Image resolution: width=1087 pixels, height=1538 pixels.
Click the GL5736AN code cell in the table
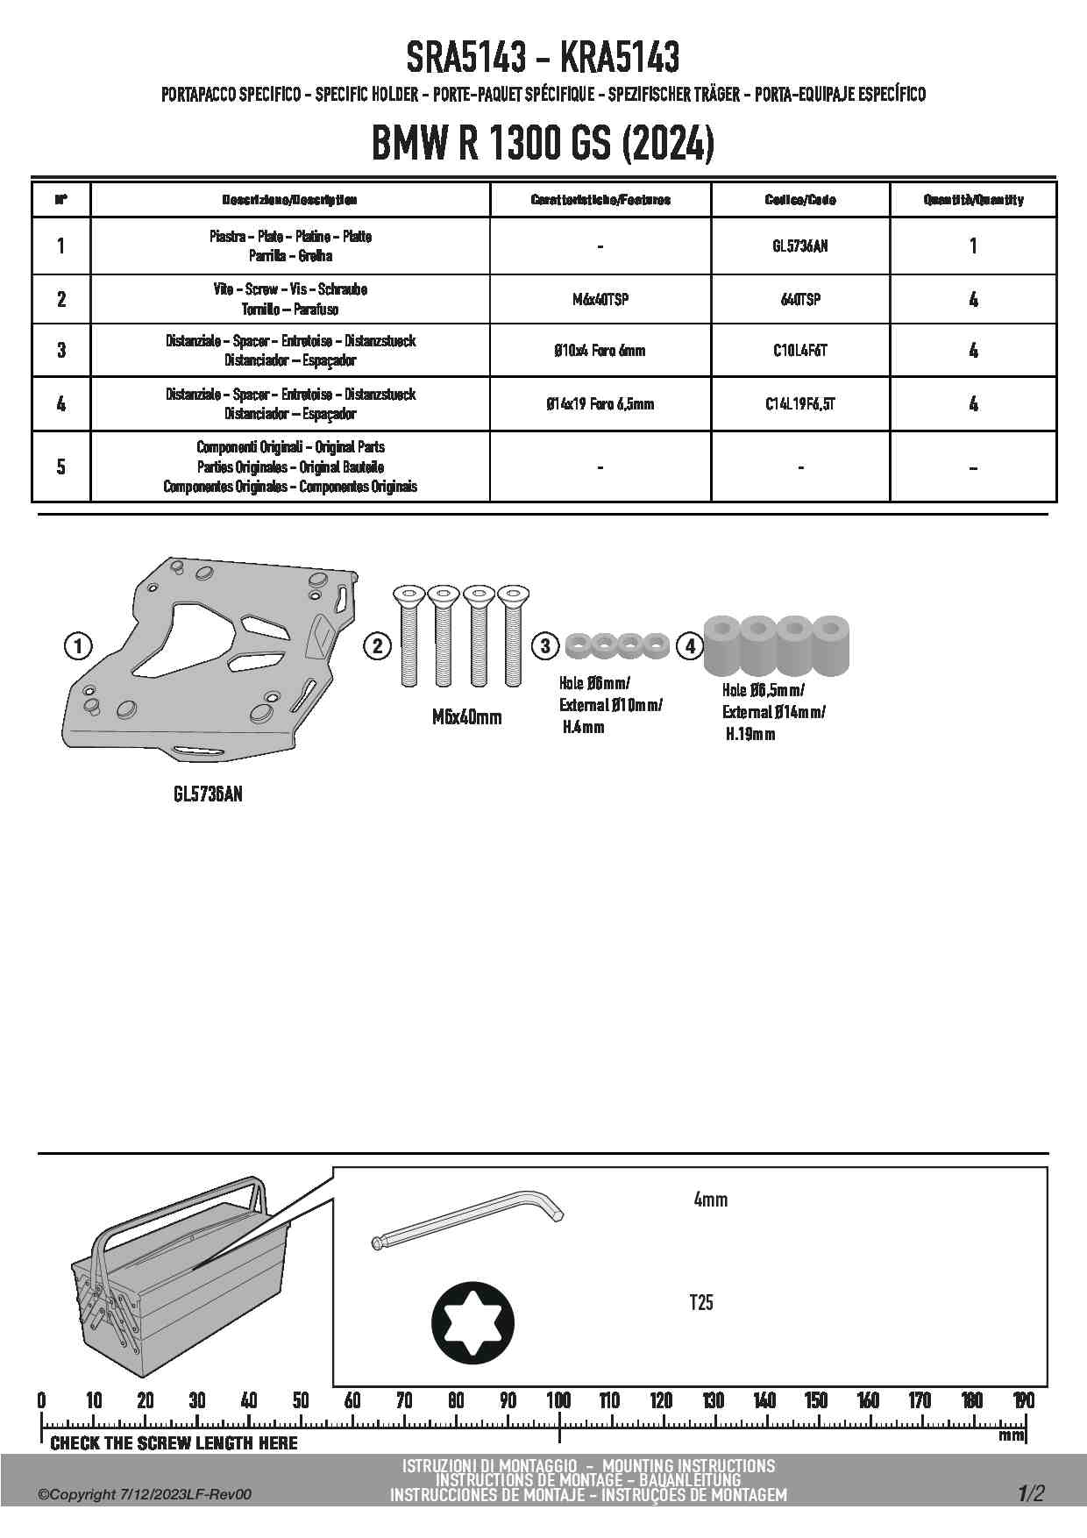pos(799,246)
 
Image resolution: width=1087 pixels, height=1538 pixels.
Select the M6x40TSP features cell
pos(600,300)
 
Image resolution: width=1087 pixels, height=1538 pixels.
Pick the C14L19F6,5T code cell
pos(799,404)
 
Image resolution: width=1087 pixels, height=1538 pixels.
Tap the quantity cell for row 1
pos(973,246)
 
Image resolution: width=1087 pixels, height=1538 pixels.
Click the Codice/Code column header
pos(799,200)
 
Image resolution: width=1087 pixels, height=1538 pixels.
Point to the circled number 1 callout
pos(78,647)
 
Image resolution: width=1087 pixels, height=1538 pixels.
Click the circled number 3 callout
pos(545,646)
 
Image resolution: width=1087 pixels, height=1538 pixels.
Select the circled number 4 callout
pos(691,646)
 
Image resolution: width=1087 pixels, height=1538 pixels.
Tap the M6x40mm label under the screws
pos(466,717)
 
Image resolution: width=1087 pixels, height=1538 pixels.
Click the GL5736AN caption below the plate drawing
pos(208,794)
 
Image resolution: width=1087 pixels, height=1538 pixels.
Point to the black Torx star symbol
pos(473,1323)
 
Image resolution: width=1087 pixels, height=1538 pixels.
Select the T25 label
pos(701,1303)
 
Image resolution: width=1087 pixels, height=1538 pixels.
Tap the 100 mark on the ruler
pos(558,1400)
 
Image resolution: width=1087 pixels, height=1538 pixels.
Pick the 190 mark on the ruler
pos(1023,1400)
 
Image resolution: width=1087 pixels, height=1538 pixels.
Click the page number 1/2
pos(1031,1493)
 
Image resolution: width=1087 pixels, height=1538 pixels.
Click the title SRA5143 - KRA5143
pos(543,58)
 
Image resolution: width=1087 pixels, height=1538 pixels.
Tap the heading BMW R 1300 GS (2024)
pos(543,143)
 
